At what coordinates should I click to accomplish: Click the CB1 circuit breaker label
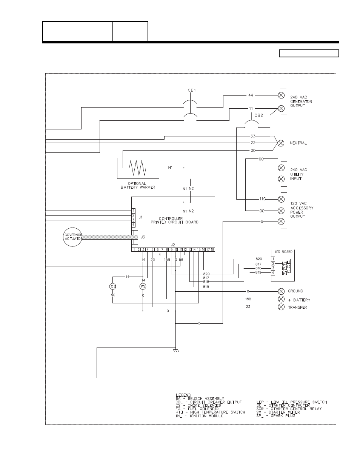coord(192,90)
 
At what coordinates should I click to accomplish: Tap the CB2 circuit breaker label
coord(258,115)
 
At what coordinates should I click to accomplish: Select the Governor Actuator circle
coord(73,237)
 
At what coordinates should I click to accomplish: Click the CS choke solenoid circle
coord(113,286)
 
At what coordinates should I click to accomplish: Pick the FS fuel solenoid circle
coord(143,286)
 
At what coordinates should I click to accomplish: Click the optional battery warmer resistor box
coord(138,168)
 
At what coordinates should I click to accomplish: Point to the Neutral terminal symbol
coord(281,143)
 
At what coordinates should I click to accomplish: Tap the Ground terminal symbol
coord(281,291)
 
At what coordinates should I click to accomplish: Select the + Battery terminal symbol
coord(281,299)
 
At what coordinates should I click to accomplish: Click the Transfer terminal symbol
coord(281,307)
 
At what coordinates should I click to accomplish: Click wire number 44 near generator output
coord(251,95)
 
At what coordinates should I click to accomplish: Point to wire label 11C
coord(263,198)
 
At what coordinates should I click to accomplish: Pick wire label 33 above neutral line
coord(253,135)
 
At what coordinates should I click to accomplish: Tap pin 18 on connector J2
coord(212,249)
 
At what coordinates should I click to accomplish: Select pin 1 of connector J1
coord(134,211)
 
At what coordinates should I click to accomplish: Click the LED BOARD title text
coord(283,252)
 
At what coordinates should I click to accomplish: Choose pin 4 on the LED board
coord(273,272)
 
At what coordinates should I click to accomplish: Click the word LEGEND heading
coord(183,395)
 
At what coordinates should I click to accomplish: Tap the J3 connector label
coord(143,237)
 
